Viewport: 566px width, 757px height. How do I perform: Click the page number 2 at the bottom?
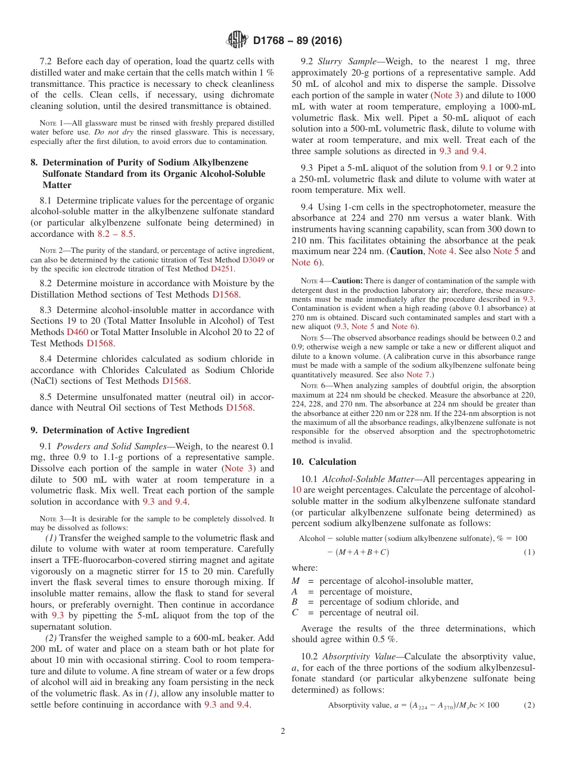(283, 731)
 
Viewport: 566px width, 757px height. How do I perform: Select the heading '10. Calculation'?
(324, 462)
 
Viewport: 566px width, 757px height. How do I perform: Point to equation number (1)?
(529, 552)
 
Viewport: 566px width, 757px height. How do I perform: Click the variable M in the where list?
(296, 581)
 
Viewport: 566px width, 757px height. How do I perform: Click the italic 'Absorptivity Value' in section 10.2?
(358, 656)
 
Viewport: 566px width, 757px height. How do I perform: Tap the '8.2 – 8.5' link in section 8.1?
(115, 234)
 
